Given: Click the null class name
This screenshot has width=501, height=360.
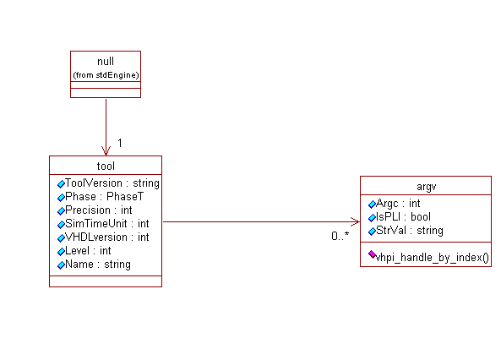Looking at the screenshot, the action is pyautogui.click(x=106, y=61).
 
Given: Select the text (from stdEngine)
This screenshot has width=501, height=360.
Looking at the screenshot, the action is pyautogui.click(x=106, y=75).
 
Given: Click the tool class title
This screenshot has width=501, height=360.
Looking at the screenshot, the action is pyautogui.click(x=106, y=166).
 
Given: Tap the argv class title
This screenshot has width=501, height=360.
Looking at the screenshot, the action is pyautogui.click(x=427, y=187).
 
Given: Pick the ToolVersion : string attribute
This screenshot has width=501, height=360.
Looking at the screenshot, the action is pyautogui.click(x=112, y=183).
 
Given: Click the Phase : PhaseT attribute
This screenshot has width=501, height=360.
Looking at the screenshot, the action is pyautogui.click(x=104, y=196).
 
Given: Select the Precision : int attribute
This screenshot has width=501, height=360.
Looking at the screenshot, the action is pyautogui.click(x=98, y=210).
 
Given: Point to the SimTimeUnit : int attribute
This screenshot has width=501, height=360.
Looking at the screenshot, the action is pyautogui.click(x=106, y=223).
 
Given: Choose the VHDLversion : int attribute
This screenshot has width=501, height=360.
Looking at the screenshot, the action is pyautogui.click(x=106, y=237).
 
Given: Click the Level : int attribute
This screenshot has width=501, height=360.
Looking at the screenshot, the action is pyautogui.click(x=88, y=251).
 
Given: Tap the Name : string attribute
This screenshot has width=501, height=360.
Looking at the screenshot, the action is pyautogui.click(x=98, y=265).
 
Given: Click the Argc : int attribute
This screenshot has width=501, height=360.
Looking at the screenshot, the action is pyautogui.click(x=398, y=204).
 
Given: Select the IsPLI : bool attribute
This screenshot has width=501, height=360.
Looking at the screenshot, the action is pyautogui.click(x=403, y=217).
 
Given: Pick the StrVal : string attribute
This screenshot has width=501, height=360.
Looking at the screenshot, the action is pyautogui.click(x=409, y=231).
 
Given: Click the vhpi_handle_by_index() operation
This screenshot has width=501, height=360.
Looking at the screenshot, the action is pyautogui.click(x=432, y=258).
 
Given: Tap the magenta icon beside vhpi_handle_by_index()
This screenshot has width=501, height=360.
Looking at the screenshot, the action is pyautogui.click(x=372, y=254).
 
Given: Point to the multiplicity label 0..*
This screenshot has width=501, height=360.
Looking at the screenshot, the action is pyautogui.click(x=340, y=237).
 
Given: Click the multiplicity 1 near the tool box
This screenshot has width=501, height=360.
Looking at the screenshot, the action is pyautogui.click(x=120, y=143).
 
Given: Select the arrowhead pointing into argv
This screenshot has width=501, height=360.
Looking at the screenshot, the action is pyautogui.click(x=356, y=221).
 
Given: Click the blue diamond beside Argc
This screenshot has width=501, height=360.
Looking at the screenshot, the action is pyautogui.click(x=372, y=204).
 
